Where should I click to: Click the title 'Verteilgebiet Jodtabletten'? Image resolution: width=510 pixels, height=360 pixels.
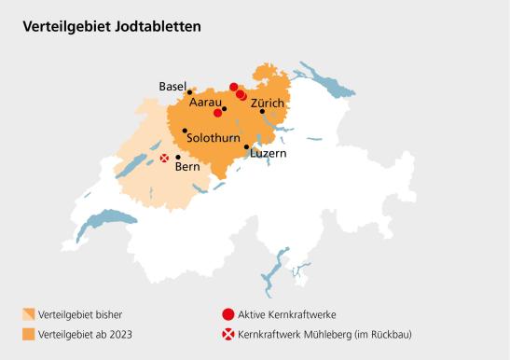pos(112,26)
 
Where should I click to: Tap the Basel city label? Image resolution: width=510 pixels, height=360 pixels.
pos(173,86)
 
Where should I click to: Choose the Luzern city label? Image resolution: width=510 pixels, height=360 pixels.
pos(269,153)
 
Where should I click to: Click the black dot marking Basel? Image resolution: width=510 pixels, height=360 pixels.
pos(190,92)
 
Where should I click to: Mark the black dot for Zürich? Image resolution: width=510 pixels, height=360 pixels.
pos(262,111)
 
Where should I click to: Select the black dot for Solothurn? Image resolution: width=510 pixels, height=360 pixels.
pos(185,131)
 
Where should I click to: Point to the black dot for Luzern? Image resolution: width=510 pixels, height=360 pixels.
pos(247,146)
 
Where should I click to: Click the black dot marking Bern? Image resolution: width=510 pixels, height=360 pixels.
pos(178,158)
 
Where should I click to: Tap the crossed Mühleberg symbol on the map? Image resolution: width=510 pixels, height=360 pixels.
pos(165,159)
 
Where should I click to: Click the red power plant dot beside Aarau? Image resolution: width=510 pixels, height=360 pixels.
pos(217,113)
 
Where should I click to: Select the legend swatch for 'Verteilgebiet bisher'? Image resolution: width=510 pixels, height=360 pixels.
pos(29,314)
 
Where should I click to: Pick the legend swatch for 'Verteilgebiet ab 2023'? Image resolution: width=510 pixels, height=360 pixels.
pos(29,334)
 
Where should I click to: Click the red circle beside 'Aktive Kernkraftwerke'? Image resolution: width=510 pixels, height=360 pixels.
pos(227,314)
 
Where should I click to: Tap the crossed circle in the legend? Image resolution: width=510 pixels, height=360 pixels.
pos(227,334)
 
